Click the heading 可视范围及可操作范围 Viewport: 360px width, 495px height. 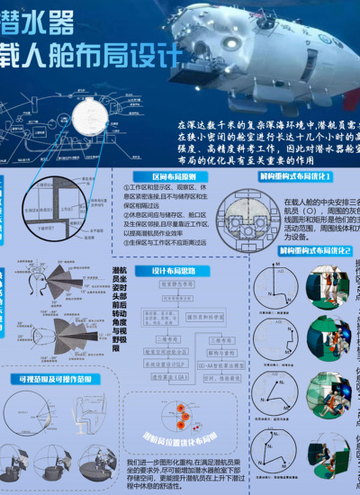point(55,379)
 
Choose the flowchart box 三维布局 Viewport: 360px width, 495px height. point(220,339)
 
